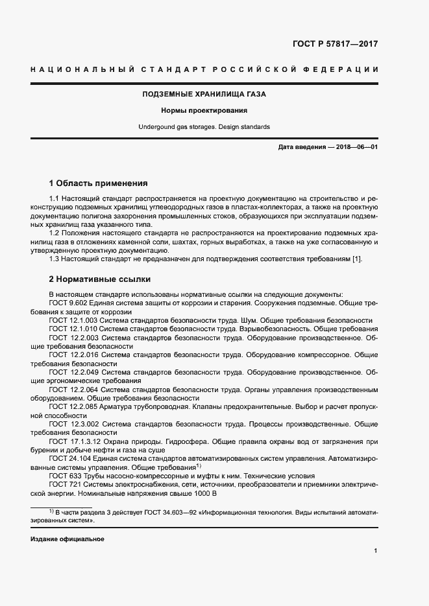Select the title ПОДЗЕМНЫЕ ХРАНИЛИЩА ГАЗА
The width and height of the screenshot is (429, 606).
204,94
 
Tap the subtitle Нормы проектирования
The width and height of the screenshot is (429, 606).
204,110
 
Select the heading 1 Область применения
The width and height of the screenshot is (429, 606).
99,183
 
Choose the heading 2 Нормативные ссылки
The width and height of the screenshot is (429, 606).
100,279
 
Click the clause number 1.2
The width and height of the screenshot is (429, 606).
55,231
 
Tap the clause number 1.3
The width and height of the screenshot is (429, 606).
55,260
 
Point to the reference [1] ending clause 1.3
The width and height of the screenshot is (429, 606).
356,260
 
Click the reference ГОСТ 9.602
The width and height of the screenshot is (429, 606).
68,303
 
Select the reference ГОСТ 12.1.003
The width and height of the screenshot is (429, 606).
73,320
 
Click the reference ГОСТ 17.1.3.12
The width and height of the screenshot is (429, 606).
75,441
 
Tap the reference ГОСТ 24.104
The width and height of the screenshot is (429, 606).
71,458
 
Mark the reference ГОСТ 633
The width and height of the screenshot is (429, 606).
64,475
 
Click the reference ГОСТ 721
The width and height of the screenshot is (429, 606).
64,484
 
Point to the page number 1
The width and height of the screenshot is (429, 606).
376,551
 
